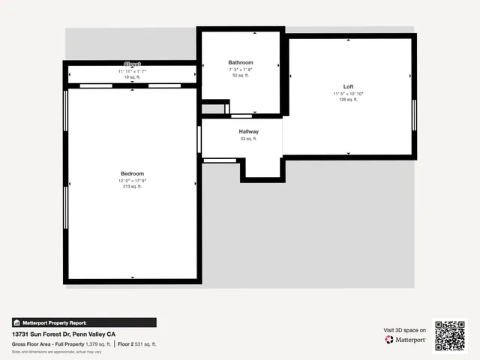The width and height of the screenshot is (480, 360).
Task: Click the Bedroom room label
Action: click(132, 173)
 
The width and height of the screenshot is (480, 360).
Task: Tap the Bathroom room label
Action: click(241, 62)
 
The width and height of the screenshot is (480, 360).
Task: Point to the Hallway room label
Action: click(249, 131)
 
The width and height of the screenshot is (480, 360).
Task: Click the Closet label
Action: click(132, 64)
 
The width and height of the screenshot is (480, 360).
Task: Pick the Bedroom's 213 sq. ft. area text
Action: click(132, 187)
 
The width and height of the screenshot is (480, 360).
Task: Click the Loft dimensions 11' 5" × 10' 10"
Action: click(348, 94)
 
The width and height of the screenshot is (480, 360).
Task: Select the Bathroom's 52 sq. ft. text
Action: click(241, 75)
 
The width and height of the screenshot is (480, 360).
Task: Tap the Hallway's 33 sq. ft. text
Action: click(249, 139)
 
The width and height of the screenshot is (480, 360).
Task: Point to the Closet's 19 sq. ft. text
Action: click(132, 76)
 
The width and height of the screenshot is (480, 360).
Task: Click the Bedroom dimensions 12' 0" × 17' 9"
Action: click(132, 180)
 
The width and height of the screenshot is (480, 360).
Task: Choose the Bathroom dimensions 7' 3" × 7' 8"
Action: click(241, 69)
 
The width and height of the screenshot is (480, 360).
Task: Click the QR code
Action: click(451, 336)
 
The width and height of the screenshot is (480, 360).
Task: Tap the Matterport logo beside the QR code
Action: click(406, 340)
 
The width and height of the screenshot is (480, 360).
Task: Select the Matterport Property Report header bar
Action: click(84, 322)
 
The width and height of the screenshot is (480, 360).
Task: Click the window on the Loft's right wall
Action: click(413, 115)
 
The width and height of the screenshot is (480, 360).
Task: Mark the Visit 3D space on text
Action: click(405, 330)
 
